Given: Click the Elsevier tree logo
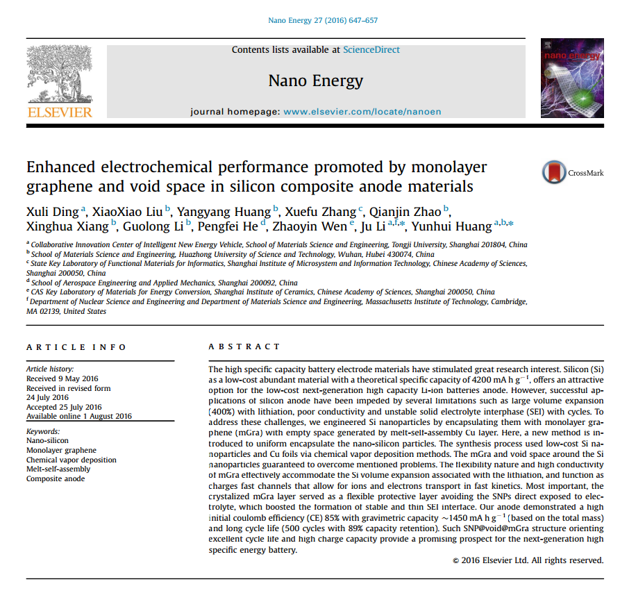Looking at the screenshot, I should click(x=58, y=74).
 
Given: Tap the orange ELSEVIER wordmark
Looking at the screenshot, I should click(x=60, y=112).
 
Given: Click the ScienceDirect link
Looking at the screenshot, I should click(x=371, y=50).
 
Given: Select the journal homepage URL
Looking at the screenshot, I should click(x=362, y=112).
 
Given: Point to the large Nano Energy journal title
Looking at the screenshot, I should click(x=315, y=81).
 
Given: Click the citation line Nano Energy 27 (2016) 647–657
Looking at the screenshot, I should click(x=323, y=20).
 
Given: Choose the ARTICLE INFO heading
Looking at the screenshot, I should click(x=76, y=347).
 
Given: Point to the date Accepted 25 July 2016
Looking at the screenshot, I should click(x=64, y=407).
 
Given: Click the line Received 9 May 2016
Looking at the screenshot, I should click(x=62, y=378).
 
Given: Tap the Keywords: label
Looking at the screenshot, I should click(x=43, y=431).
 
